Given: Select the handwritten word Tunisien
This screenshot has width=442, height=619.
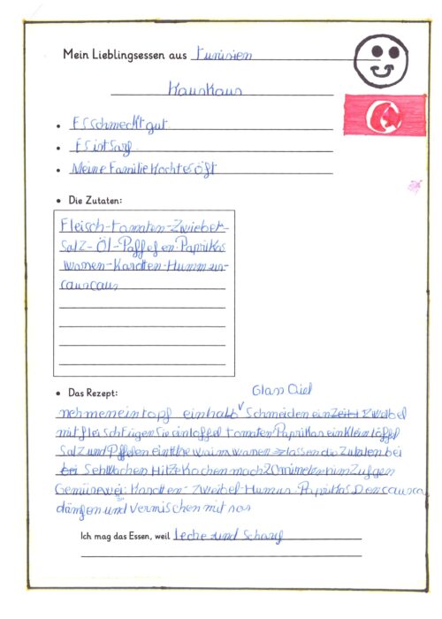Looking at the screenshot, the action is (222, 53).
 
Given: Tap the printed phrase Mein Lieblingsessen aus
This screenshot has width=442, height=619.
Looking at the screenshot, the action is (125, 54).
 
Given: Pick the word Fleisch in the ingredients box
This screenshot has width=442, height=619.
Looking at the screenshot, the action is (81, 225).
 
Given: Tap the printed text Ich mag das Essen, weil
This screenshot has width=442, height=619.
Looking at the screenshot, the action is (125, 534).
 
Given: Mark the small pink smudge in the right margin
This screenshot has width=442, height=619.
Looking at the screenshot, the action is (413, 186).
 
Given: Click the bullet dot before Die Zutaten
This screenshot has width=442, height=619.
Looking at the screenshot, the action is (58, 201).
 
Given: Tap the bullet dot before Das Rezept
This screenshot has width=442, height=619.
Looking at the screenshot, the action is (58, 391).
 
